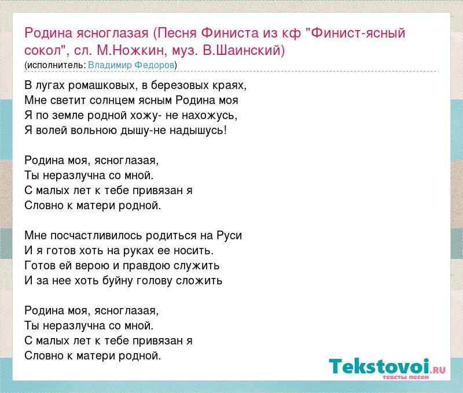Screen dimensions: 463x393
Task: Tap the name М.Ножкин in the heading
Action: pos(130,50)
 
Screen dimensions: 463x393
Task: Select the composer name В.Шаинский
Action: pos(244,50)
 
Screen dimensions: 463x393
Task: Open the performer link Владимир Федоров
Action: pos(131,65)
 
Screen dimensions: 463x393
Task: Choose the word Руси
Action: pos(229,236)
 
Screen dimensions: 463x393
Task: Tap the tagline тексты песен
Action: pos(406,377)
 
